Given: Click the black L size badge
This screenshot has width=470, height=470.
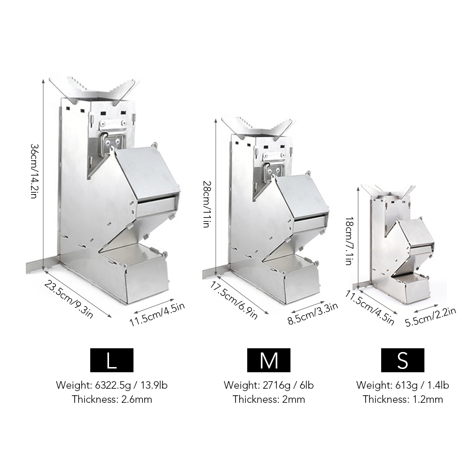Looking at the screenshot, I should tap(111, 360).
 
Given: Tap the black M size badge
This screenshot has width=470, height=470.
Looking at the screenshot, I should tap(269, 360).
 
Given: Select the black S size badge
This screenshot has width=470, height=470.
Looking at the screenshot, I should tap(402, 360).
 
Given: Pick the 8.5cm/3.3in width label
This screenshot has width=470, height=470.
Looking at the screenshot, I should tap(313, 314).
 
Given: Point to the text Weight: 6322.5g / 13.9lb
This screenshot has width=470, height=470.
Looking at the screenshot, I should tap(112, 385).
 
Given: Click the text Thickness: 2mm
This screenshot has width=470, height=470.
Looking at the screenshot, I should tap(269, 399).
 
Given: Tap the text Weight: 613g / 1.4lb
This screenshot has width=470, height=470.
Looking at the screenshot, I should tap(402, 385).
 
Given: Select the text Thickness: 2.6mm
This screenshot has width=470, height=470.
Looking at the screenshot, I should tap(112, 399).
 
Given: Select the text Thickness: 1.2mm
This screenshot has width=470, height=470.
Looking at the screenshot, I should tap(402, 399).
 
